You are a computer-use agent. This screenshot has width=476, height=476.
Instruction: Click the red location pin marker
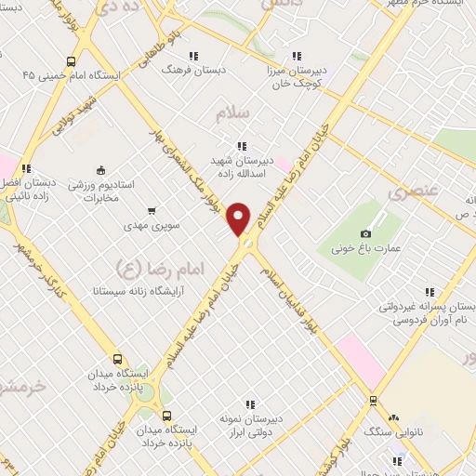(240, 219)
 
